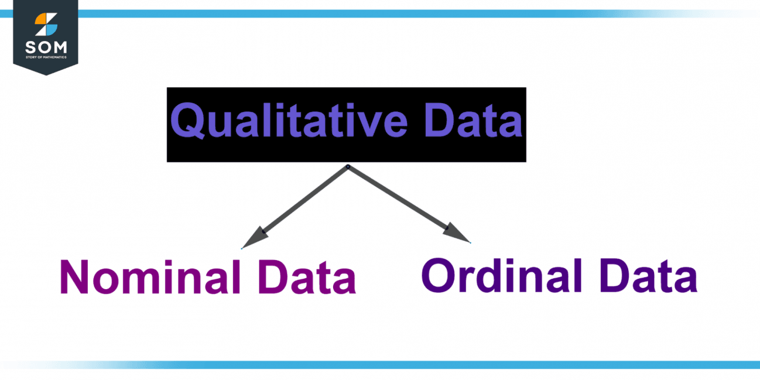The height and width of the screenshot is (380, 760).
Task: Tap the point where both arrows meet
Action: tap(348, 167)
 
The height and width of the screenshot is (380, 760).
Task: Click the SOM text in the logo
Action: tap(46, 47)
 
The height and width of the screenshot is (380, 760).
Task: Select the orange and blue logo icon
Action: tap(46, 25)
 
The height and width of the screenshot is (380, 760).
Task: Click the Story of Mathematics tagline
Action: tap(46, 57)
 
